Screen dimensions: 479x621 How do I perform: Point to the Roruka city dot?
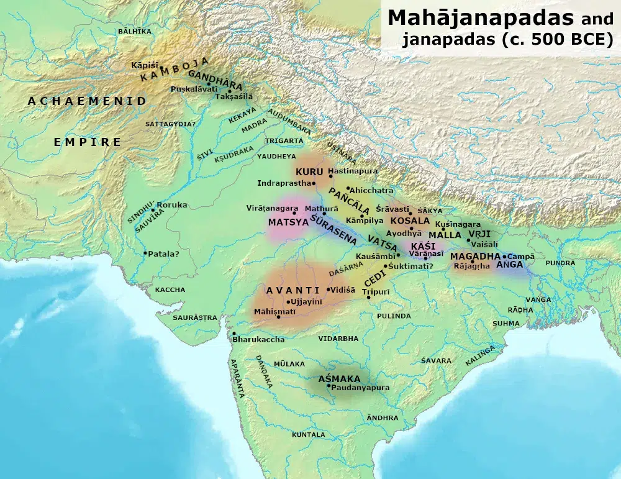[153, 209]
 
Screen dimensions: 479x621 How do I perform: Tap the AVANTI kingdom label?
[292, 290]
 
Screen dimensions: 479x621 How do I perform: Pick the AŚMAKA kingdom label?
[339, 378]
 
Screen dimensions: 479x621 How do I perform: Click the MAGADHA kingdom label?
[475, 256]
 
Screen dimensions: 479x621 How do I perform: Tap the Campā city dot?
[504, 256]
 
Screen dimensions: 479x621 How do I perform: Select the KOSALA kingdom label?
[409, 221]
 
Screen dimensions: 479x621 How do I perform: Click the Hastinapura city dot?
[330, 176]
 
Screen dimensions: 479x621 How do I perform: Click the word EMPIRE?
[88, 142]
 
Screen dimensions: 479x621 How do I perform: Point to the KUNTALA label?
[309, 435]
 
